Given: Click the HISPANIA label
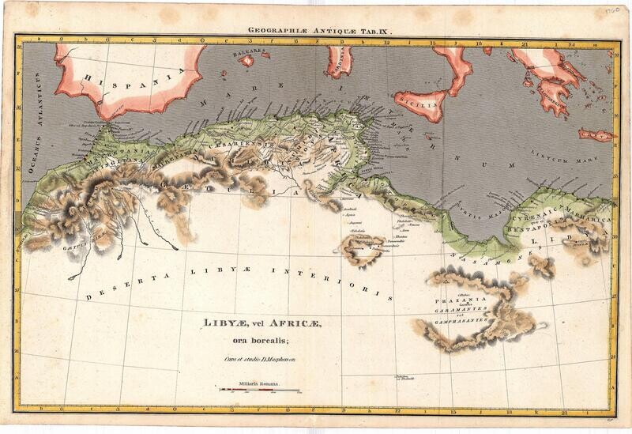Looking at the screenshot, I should pos(134,77).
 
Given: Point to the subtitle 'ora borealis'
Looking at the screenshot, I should pos(251,341).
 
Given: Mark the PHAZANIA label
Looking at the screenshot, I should pos(455,300).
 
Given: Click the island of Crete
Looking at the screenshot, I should pos(597,134).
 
